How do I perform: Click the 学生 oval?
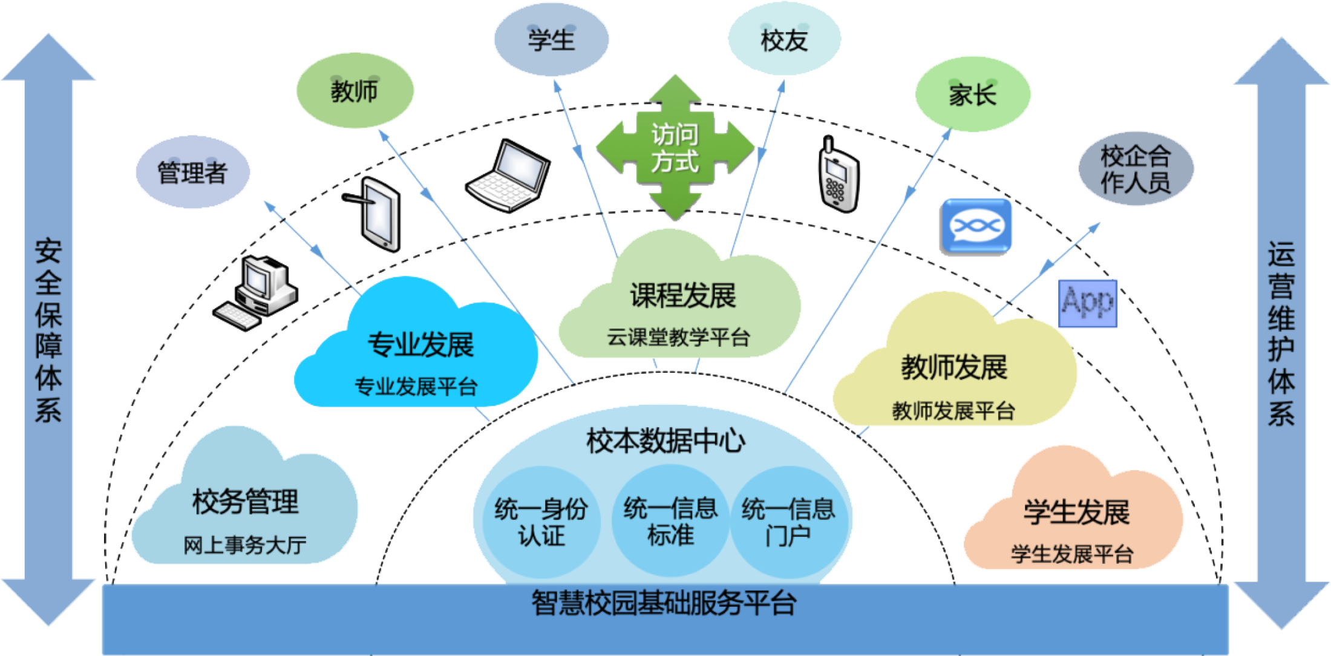[551, 40]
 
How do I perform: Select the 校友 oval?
[784, 40]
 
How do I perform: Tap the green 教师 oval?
[355, 91]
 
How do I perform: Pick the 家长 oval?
[972, 94]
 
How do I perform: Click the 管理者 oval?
[192, 172]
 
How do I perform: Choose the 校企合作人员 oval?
[1136, 169]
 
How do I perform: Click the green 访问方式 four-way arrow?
[675, 148]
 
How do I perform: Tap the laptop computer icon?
[508, 176]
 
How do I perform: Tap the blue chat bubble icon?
[975, 228]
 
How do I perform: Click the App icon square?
[1087, 303]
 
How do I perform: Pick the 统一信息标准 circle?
[670, 521]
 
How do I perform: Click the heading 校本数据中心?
[665, 441]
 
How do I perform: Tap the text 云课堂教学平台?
[678, 337]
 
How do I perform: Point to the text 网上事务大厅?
[245, 545]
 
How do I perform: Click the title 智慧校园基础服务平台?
[664, 603]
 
